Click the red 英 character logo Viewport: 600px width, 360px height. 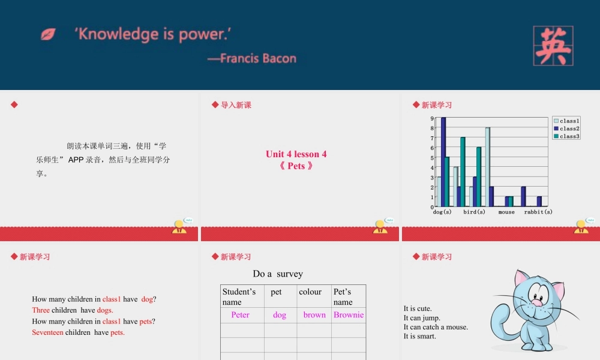[553, 46]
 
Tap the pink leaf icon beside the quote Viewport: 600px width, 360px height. [48, 34]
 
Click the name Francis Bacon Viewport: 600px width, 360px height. [258, 58]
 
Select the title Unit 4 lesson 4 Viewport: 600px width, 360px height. [296, 154]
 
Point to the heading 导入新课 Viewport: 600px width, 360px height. [236, 105]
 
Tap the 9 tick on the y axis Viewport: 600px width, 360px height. [432, 119]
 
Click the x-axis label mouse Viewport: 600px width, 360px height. [506, 212]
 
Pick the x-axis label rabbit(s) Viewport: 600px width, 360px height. [538, 212]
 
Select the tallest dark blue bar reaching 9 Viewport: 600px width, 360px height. [443, 162]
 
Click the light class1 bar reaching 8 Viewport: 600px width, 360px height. [488, 167]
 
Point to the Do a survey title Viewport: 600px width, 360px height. [278, 274]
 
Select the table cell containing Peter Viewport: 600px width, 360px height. [240, 315]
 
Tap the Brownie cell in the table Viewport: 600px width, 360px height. [349, 315]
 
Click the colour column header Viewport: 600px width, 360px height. [311, 292]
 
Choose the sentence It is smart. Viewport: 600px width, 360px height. [420, 337]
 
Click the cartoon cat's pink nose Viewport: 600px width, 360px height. [538, 303]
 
